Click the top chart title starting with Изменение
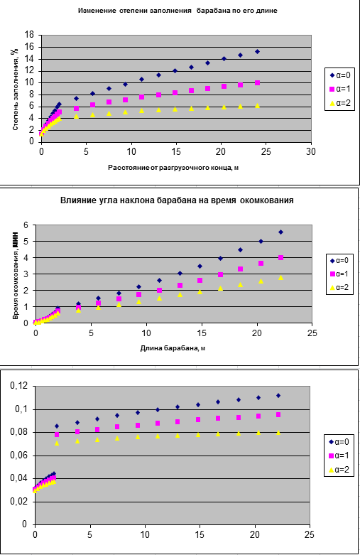[x=178, y=11]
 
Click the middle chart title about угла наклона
[x=177, y=200]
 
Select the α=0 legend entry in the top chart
[x=340, y=75]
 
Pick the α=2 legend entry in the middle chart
[x=339, y=287]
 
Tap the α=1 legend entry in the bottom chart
[x=339, y=456]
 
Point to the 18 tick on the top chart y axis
[x=29, y=35]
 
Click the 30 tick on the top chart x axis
[x=311, y=151]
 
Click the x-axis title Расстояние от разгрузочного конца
[x=173, y=168]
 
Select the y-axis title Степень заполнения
[x=15, y=90]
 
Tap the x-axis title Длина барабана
[x=173, y=348]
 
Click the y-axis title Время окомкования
[x=15, y=278]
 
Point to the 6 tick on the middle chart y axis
[x=26, y=225]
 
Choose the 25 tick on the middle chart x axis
[x=312, y=333]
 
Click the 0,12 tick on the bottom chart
[x=20, y=386]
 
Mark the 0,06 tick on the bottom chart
[x=20, y=456]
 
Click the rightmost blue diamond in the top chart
[x=258, y=52]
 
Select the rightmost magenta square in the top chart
[x=258, y=83]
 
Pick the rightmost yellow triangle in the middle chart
[x=280, y=277]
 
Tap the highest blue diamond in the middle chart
[x=280, y=232]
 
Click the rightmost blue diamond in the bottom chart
[x=278, y=396]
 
